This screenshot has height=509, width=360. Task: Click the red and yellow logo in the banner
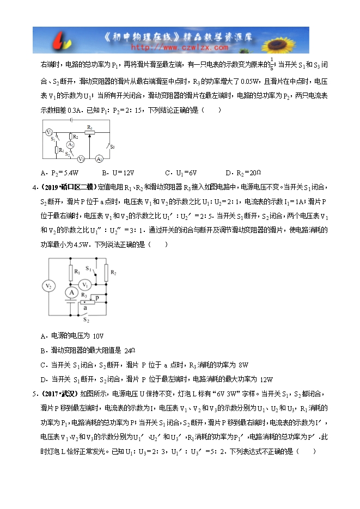coord(64,41)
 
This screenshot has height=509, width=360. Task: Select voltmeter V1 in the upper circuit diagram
coord(81,159)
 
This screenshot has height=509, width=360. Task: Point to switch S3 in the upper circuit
coord(110,146)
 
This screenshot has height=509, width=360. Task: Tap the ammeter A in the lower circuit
coord(70,292)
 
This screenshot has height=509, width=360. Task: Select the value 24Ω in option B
coord(129,350)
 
